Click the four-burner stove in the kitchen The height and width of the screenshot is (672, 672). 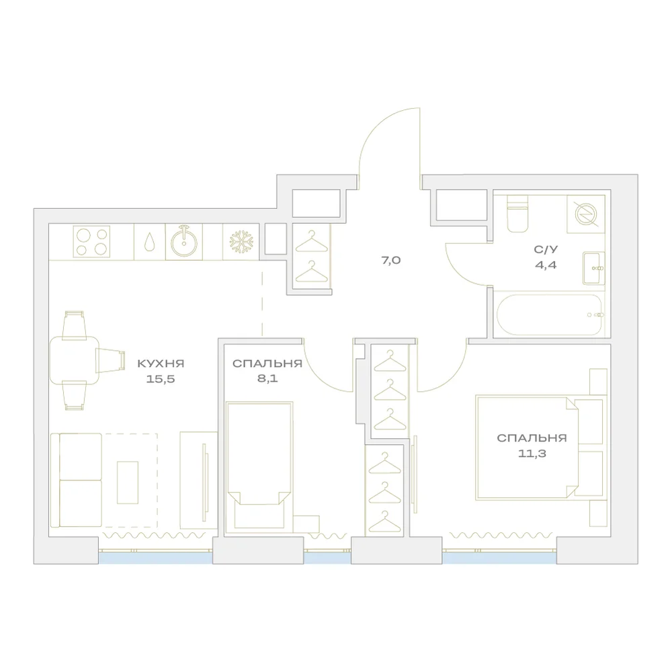pyautogui.click(x=91, y=241)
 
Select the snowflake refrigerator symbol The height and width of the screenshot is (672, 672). pyautogui.click(x=241, y=242)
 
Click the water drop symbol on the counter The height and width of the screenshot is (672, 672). pyautogui.click(x=150, y=242)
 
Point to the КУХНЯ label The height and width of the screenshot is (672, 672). pyautogui.click(x=161, y=364)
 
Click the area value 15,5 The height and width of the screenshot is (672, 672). pyautogui.click(x=161, y=379)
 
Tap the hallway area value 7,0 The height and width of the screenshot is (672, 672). pyautogui.click(x=391, y=260)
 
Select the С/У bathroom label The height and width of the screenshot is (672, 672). pyautogui.click(x=546, y=249)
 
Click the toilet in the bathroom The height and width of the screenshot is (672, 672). pyautogui.click(x=517, y=214)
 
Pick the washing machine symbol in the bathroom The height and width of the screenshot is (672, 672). pyautogui.click(x=585, y=214)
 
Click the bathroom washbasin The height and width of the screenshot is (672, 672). pyautogui.click(x=593, y=268)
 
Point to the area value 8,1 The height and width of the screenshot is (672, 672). pyautogui.click(x=267, y=379)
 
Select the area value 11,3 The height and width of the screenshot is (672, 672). pyautogui.click(x=532, y=454)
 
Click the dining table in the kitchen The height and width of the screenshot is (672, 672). pyautogui.click(x=75, y=360)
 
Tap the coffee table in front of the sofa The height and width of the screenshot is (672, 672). pyautogui.click(x=128, y=482)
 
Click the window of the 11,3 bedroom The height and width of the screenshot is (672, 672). pyautogui.click(x=500, y=557)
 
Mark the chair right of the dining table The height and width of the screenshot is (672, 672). pyautogui.click(x=111, y=360)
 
